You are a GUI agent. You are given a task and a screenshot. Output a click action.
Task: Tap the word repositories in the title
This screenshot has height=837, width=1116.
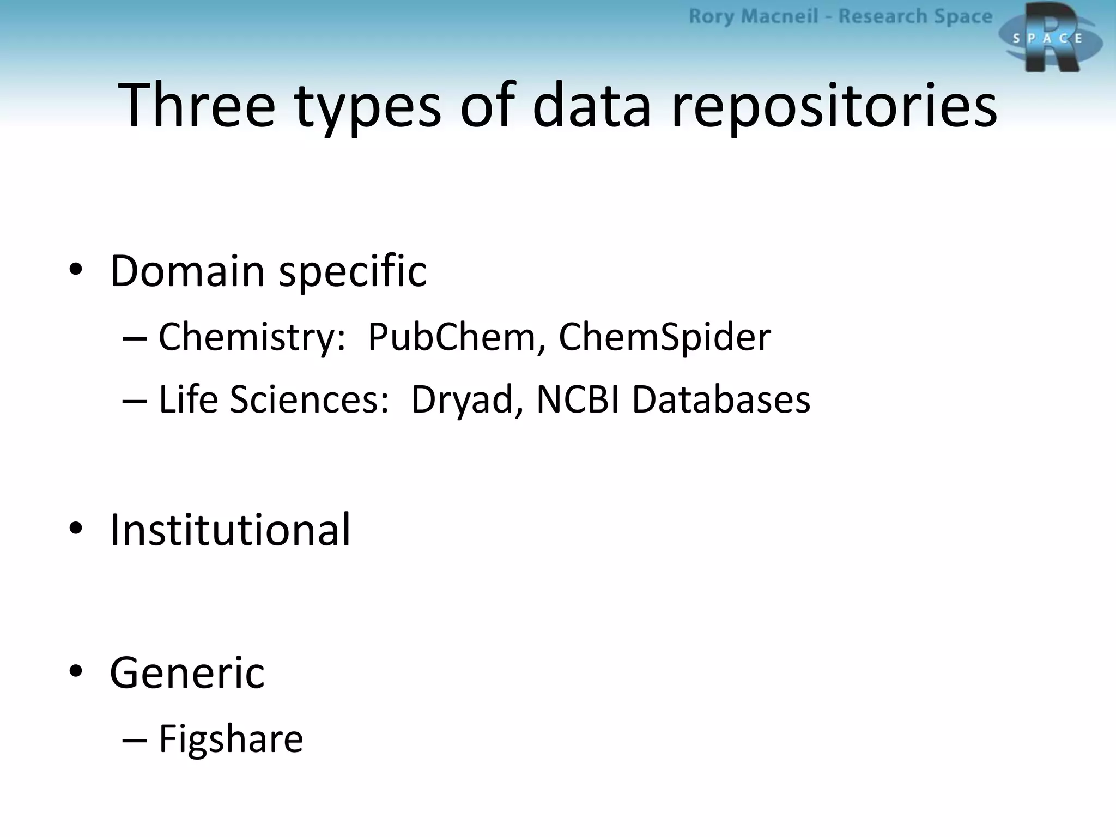click(x=834, y=107)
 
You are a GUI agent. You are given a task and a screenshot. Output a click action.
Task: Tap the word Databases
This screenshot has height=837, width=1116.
click(x=721, y=399)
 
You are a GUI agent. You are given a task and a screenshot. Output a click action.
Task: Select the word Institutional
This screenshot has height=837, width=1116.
click(x=230, y=530)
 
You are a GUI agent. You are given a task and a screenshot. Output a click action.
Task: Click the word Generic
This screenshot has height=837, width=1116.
click(x=187, y=674)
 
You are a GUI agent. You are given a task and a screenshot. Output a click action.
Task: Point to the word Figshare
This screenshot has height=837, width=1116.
click(x=231, y=740)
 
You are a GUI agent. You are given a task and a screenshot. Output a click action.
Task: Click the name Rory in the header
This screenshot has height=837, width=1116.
click(x=711, y=17)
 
